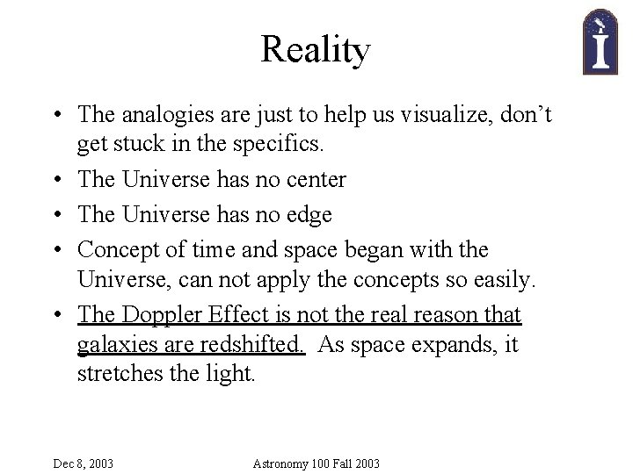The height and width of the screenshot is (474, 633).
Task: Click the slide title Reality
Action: (x=316, y=50)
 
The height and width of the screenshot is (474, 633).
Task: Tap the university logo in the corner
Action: (x=601, y=41)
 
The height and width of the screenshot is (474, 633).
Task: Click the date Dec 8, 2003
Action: (x=83, y=463)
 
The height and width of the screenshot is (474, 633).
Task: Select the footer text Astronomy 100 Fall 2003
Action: (x=316, y=463)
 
